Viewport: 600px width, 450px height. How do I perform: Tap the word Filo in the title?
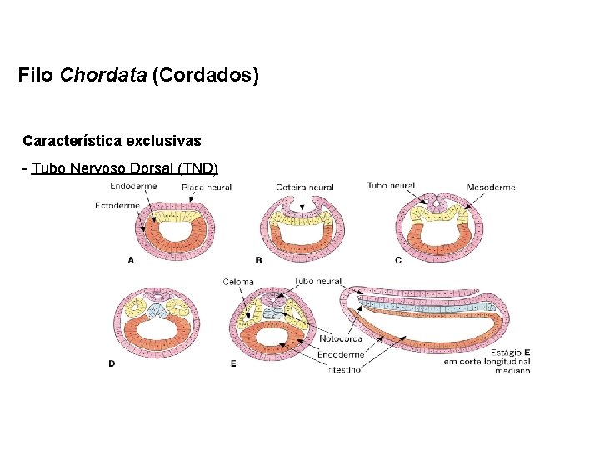(36, 76)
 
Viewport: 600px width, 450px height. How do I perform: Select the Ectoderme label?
(117, 205)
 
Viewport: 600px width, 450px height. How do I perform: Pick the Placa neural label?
(206, 187)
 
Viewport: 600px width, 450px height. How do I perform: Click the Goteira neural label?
(304, 187)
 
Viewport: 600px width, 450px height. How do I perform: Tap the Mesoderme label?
(491, 187)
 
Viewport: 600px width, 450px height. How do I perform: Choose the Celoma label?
(238, 282)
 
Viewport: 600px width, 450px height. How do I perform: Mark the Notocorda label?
(341, 339)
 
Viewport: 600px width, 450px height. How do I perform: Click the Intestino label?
(343, 369)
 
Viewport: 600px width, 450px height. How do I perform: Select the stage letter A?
(131, 260)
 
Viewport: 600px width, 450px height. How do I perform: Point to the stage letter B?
(258, 260)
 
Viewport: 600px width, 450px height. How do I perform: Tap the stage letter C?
(398, 260)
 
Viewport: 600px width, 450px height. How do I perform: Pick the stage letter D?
(112, 363)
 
